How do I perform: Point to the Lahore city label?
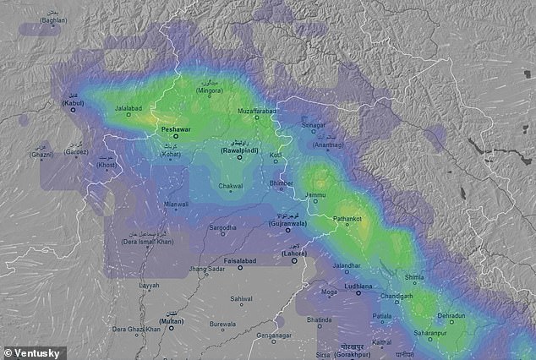point(296,252)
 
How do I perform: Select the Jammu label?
point(315,195)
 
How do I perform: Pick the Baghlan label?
point(52,19)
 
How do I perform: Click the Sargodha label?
point(223,228)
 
